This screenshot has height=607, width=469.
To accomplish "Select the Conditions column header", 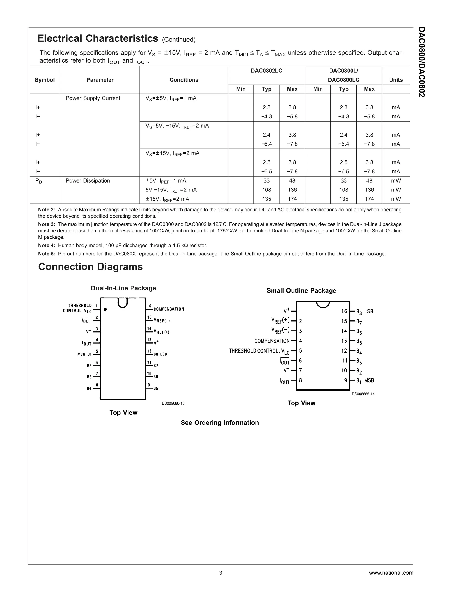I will click(184, 80).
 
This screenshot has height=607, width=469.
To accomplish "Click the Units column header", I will click(396, 80).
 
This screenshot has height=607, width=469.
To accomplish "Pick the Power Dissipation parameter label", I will click(88, 181).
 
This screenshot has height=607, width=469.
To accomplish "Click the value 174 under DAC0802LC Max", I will click(292, 199).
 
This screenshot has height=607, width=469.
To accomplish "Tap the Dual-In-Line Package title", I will click(123, 288).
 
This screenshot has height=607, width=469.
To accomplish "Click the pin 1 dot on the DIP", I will click(105, 309).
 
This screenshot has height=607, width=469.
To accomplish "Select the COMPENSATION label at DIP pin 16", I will click(169, 309).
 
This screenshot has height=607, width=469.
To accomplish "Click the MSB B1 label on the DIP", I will click(85, 354).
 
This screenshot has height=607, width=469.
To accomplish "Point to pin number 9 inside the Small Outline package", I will click(346, 380).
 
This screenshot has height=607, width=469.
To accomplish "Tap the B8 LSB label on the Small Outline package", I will click(365, 312).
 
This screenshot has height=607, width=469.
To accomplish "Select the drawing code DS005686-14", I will click(363, 394).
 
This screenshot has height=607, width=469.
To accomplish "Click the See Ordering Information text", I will click(219, 423).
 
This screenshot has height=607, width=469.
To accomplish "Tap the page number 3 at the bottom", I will click(221, 573).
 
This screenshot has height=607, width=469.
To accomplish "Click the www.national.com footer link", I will click(391, 573).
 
